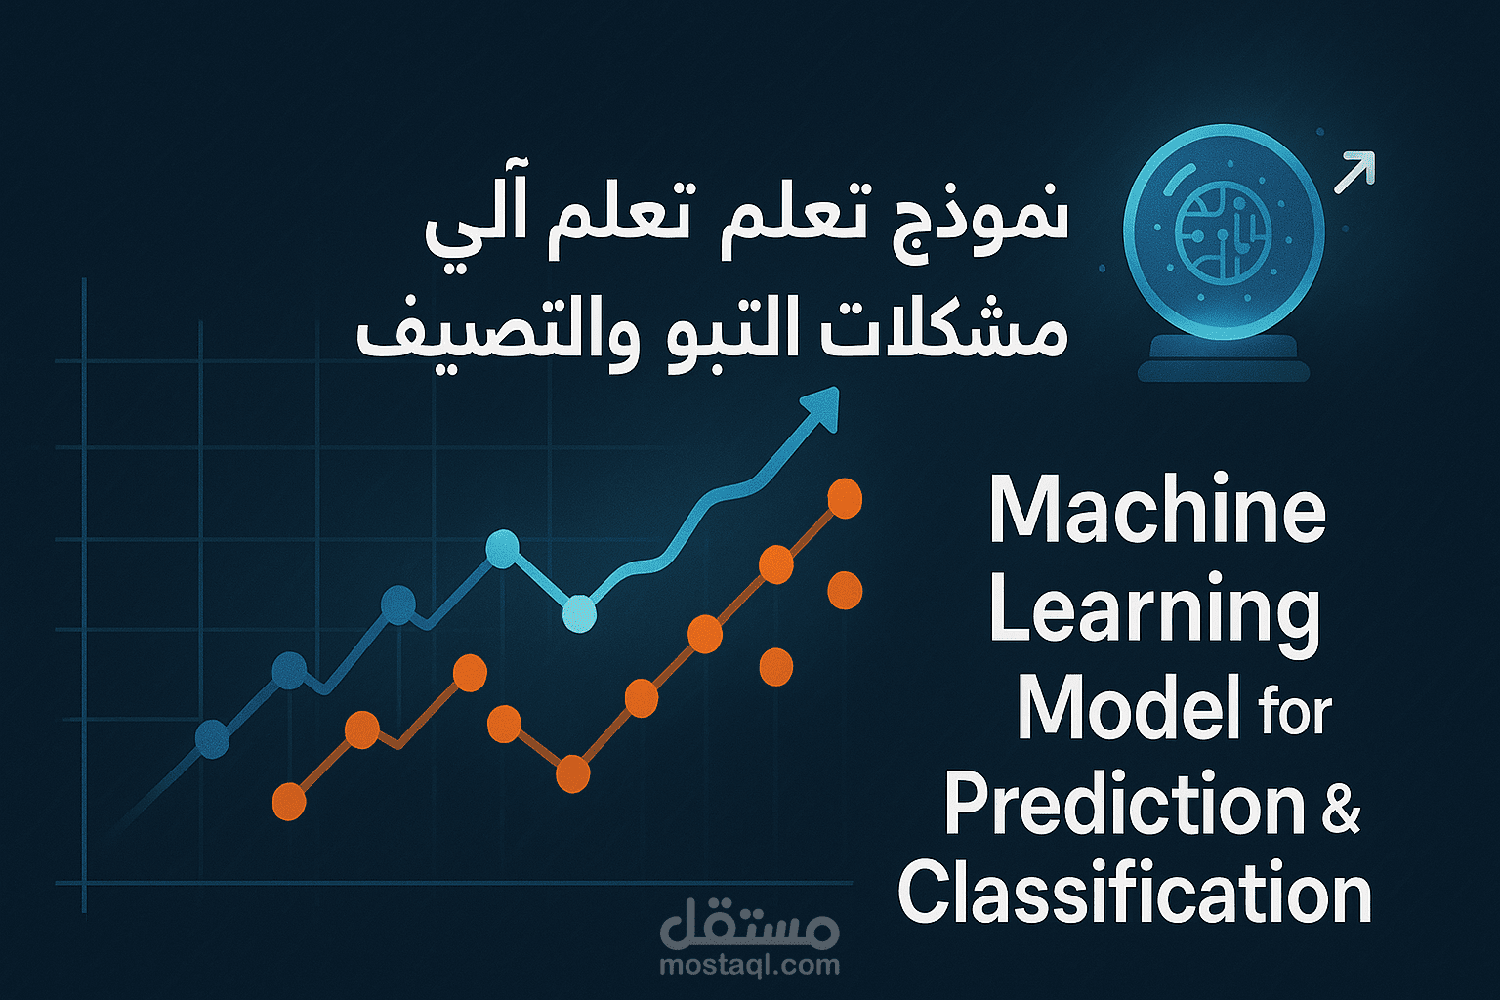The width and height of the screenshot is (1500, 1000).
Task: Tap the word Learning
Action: tap(1154, 610)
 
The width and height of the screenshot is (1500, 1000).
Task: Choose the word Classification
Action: tap(1135, 893)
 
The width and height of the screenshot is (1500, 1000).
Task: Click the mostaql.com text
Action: tap(749, 966)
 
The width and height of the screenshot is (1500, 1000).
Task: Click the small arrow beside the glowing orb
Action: tap(1354, 173)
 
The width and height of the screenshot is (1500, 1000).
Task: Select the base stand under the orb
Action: tap(1223, 357)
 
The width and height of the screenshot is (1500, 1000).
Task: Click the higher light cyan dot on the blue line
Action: tap(502, 549)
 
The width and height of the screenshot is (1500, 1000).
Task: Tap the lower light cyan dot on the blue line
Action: tap(579, 613)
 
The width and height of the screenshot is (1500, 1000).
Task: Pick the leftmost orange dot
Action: tap(289, 801)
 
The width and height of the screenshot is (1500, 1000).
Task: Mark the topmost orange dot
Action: tap(845, 498)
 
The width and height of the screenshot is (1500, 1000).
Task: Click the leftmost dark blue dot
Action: tap(212, 739)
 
